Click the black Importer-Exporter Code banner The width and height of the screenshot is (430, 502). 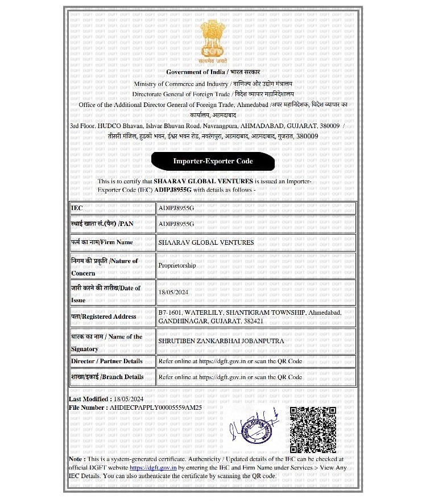(213, 162)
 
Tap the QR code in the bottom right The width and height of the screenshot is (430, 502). (312, 430)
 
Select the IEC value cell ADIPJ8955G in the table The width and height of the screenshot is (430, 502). (176, 209)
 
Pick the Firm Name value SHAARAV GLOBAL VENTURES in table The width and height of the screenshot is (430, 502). (206, 242)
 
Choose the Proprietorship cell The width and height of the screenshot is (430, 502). (177, 265)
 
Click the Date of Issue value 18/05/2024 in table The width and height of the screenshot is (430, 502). (173, 293)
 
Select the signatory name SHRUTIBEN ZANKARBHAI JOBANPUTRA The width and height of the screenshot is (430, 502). (221, 341)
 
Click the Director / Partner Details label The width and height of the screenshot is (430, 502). (107, 361)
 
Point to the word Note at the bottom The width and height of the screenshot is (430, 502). (77, 459)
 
